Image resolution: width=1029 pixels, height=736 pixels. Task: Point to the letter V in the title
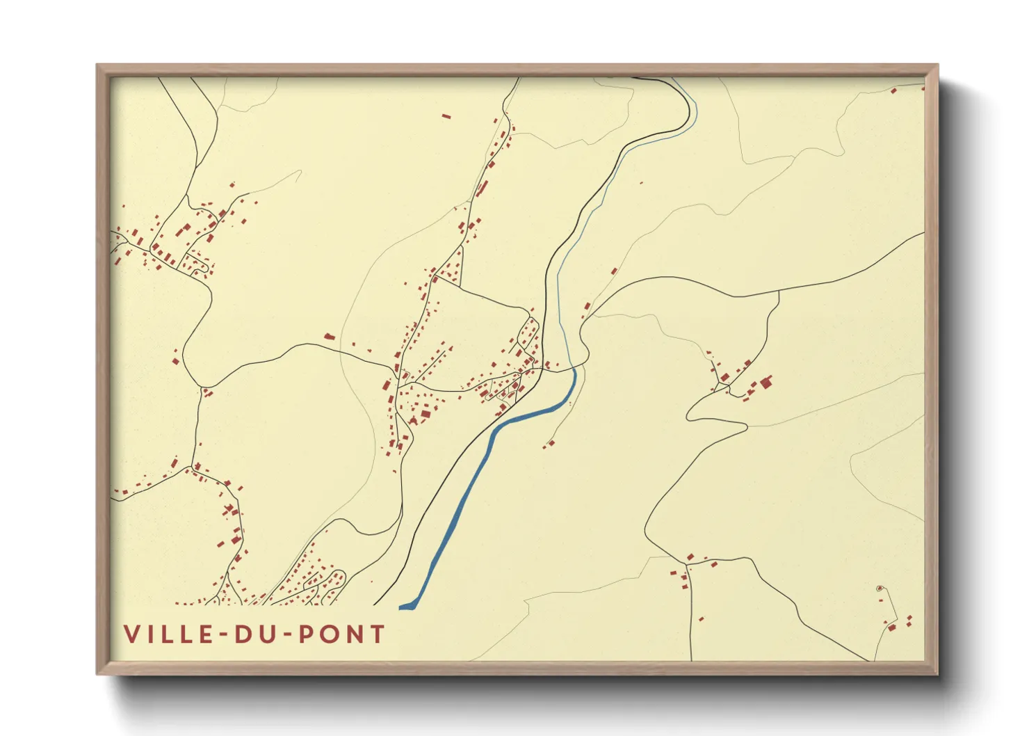pyautogui.click(x=131, y=634)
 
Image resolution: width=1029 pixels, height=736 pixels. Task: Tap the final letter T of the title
pyautogui.click(x=378, y=634)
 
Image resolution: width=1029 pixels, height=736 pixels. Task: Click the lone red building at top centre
pyautogui.click(x=446, y=116)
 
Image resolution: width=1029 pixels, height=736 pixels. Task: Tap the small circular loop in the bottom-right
pyautogui.click(x=880, y=589)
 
